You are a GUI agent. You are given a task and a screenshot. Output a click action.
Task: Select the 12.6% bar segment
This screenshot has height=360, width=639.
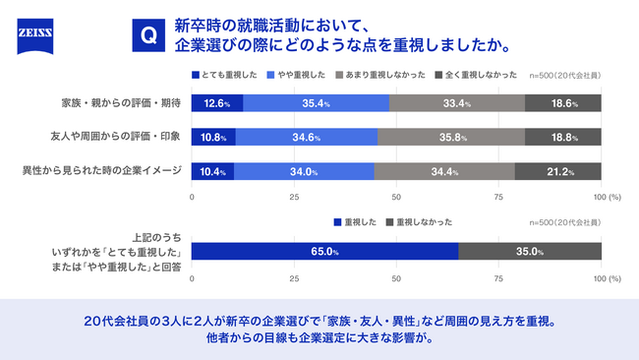217,102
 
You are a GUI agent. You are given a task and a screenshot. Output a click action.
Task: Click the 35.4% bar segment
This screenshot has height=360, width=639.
316,102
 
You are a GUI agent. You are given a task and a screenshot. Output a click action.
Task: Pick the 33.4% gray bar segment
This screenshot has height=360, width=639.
457,102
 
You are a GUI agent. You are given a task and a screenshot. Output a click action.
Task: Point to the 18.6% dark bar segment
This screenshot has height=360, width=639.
563,102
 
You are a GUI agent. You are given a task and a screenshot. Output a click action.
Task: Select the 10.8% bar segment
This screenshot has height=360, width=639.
213,137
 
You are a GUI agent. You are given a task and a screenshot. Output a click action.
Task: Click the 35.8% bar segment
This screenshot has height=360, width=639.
451,137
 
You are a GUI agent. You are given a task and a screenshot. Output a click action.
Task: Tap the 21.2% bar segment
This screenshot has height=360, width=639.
557,171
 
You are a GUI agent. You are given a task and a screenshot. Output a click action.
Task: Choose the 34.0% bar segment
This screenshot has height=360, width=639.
304,171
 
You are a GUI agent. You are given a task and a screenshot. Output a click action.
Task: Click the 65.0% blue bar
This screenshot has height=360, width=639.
324,252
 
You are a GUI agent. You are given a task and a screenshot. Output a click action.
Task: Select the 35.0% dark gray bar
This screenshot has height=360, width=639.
530,252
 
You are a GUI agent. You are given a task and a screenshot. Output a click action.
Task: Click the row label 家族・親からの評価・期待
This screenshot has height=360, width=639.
121,102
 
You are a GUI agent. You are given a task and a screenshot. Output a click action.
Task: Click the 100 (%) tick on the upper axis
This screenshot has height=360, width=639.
606,198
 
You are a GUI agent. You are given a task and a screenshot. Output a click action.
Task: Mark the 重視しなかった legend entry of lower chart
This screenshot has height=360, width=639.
423,222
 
